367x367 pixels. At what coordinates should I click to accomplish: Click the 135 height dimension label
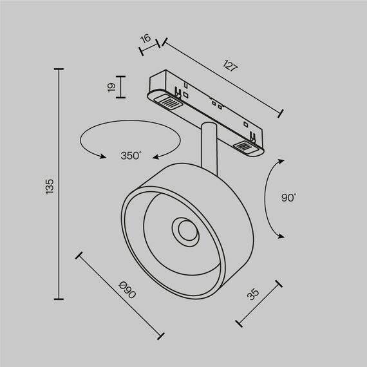(x=50, y=185)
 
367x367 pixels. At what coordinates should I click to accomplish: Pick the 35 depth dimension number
(x=253, y=294)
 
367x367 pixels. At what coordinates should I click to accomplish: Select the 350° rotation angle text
(x=131, y=155)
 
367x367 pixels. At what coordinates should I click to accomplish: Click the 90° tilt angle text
(x=288, y=198)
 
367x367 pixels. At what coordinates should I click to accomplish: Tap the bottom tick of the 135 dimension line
(x=60, y=299)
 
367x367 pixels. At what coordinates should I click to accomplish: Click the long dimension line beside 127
(x=223, y=78)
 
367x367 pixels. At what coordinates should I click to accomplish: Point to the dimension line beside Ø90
(x=120, y=295)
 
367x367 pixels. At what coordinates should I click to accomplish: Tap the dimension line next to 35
(x=259, y=303)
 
